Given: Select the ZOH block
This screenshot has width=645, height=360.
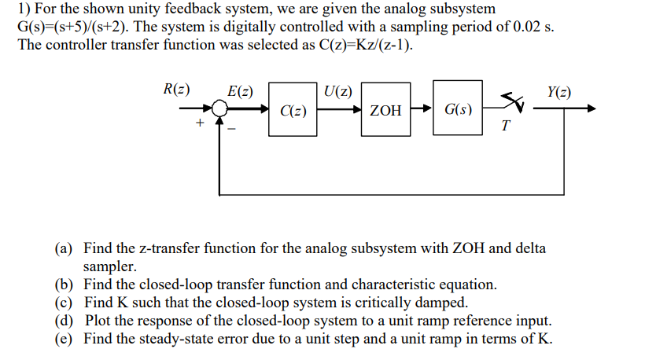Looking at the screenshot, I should (x=385, y=111).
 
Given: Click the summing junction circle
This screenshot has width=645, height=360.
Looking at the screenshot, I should (x=220, y=109).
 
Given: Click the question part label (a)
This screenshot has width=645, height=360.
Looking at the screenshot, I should (x=64, y=248).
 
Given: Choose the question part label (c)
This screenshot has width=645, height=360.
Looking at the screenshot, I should (x=64, y=303).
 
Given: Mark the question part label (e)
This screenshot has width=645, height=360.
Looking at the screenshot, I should (x=64, y=339).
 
